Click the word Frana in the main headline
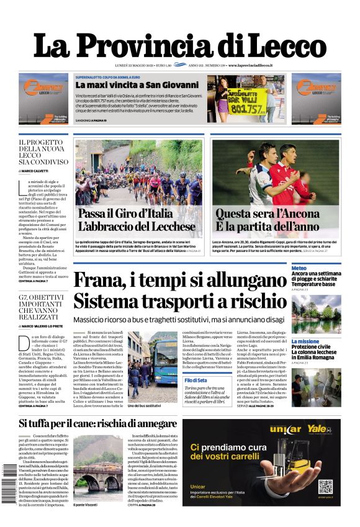click(x=102, y=280)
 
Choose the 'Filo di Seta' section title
click(x=195, y=380)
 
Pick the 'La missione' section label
click(x=305, y=341)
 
